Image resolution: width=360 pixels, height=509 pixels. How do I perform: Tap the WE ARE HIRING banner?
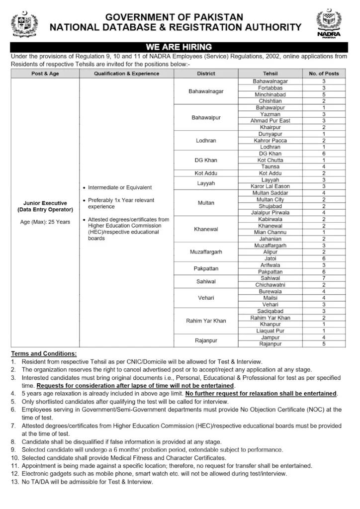pos(180,47)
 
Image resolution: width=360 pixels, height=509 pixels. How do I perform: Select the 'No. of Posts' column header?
pos(324,74)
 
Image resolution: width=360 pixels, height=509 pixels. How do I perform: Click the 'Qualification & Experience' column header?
pos(126,74)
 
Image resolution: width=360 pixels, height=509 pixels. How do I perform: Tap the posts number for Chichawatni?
pos(324,285)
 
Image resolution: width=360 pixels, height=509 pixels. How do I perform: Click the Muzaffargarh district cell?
pos(206,252)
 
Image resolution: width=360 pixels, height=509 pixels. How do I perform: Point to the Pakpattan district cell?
pos(206,268)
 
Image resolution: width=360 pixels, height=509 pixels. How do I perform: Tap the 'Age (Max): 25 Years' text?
pos(45,222)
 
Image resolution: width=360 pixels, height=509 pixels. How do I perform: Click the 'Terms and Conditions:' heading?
pos(44,353)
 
